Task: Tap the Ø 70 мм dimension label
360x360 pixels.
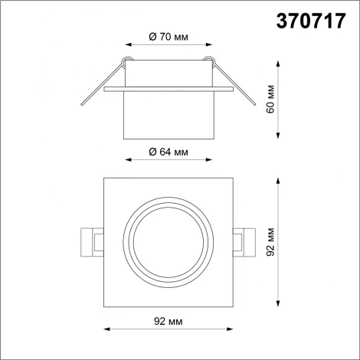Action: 166,36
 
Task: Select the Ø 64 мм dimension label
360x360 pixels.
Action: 166,152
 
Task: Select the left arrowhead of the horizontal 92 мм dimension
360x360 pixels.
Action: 105,329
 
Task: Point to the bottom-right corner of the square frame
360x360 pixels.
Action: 230,307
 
